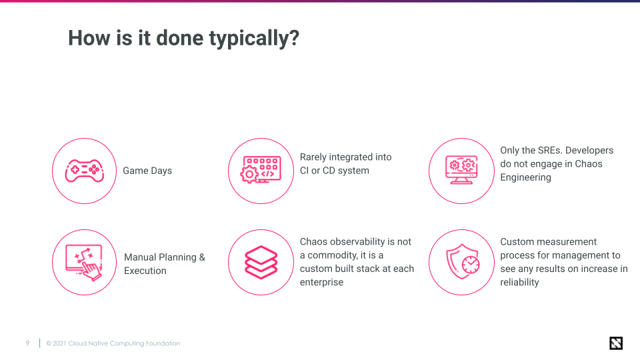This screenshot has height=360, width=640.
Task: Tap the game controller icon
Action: (x=84, y=171)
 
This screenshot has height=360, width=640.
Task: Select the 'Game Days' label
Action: (x=147, y=171)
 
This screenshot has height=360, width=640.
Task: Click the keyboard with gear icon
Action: (x=261, y=171)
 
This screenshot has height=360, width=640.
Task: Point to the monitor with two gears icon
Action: (x=461, y=171)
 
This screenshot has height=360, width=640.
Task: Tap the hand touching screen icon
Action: (x=84, y=262)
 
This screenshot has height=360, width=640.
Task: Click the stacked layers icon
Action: (x=261, y=262)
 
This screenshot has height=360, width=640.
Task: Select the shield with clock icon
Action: (x=461, y=262)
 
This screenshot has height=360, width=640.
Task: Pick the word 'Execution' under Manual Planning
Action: (x=145, y=271)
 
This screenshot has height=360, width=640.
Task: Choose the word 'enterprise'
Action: (x=321, y=282)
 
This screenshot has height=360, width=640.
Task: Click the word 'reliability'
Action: (x=519, y=282)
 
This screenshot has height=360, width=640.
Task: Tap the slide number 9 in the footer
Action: (x=27, y=343)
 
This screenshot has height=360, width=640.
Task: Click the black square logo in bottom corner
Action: (x=616, y=343)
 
